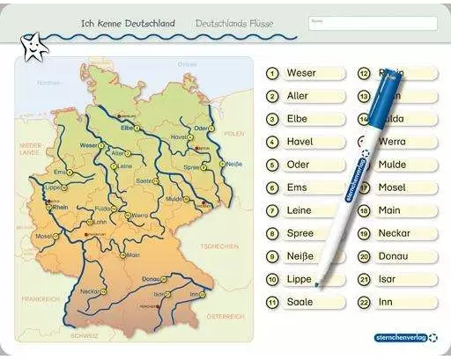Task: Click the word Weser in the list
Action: [x=301, y=73]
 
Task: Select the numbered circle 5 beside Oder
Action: [x=273, y=165]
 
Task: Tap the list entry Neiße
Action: [x=300, y=256]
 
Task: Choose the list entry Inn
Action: [x=386, y=302]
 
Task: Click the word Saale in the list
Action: [x=300, y=302]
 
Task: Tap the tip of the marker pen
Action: [x=318, y=283]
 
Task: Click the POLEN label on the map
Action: [x=233, y=134]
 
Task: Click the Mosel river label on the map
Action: [x=42, y=236]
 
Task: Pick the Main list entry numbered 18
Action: [x=389, y=210]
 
